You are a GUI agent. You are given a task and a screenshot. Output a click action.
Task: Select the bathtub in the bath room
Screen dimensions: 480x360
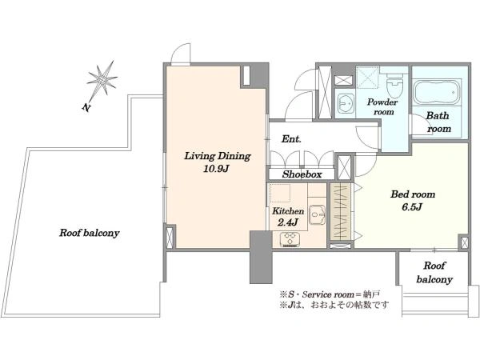pos(437,92)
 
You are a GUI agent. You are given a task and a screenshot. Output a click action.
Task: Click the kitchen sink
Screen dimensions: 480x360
pos(317,215)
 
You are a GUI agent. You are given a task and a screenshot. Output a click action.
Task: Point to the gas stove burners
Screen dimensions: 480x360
pos(290,239)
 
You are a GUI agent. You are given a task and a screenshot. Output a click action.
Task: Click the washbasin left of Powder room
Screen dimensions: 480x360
pos(345,103)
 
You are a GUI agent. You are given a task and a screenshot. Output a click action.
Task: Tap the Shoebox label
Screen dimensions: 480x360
pos(302,174)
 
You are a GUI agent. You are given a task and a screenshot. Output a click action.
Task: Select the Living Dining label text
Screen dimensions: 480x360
pos(218,156)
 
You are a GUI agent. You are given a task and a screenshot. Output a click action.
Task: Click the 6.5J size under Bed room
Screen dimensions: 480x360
pos(412,207)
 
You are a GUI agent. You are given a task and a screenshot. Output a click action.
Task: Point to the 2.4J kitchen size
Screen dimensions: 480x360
pos(288,222)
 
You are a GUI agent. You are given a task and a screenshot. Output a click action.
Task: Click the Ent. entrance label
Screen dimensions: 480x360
pos(291,139)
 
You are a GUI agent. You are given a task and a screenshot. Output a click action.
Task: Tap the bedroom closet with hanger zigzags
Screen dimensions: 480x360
pos(341,211)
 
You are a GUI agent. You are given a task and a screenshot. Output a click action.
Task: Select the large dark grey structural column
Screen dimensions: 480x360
pos(261,257)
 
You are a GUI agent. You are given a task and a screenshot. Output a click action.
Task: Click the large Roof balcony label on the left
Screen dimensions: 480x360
pos(89,233)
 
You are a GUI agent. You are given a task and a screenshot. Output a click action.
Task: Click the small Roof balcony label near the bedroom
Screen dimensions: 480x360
pos(434,273)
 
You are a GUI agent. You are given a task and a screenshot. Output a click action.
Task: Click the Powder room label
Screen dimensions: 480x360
pos(382,107)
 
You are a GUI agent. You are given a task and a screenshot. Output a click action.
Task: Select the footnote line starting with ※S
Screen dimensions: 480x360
pos(330,294)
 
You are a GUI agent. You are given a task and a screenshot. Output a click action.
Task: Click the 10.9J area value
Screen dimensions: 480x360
pos(217,169)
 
